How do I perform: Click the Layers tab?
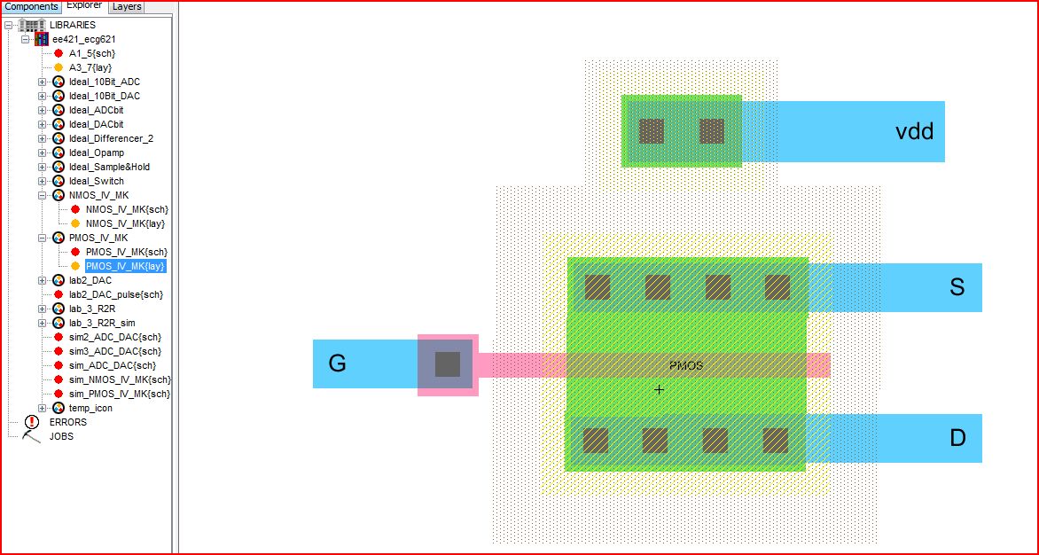click(x=127, y=6)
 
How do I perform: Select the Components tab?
click(x=31, y=6)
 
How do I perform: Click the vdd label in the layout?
click(x=914, y=132)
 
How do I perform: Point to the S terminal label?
click(x=957, y=287)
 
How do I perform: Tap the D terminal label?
click(x=957, y=438)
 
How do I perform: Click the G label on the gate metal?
click(x=337, y=363)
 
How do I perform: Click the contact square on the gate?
click(x=448, y=364)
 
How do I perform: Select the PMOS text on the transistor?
click(x=686, y=364)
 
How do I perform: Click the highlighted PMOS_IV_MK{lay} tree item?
click(x=125, y=266)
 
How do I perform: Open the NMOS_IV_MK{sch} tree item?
click(x=126, y=209)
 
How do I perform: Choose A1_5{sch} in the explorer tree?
click(x=91, y=53)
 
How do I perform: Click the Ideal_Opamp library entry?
click(x=96, y=152)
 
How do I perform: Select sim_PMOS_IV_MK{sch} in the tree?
click(x=119, y=394)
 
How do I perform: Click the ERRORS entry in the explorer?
click(x=67, y=422)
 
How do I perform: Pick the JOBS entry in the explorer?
click(x=61, y=436)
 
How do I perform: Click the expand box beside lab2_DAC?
click(x=42, y=280)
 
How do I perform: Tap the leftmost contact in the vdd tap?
click(x=652, y=131)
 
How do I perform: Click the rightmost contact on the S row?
click(x=777, y=286)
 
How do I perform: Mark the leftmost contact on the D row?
click(x=596, y=440)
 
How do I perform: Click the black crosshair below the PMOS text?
click(x=659, y=389)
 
